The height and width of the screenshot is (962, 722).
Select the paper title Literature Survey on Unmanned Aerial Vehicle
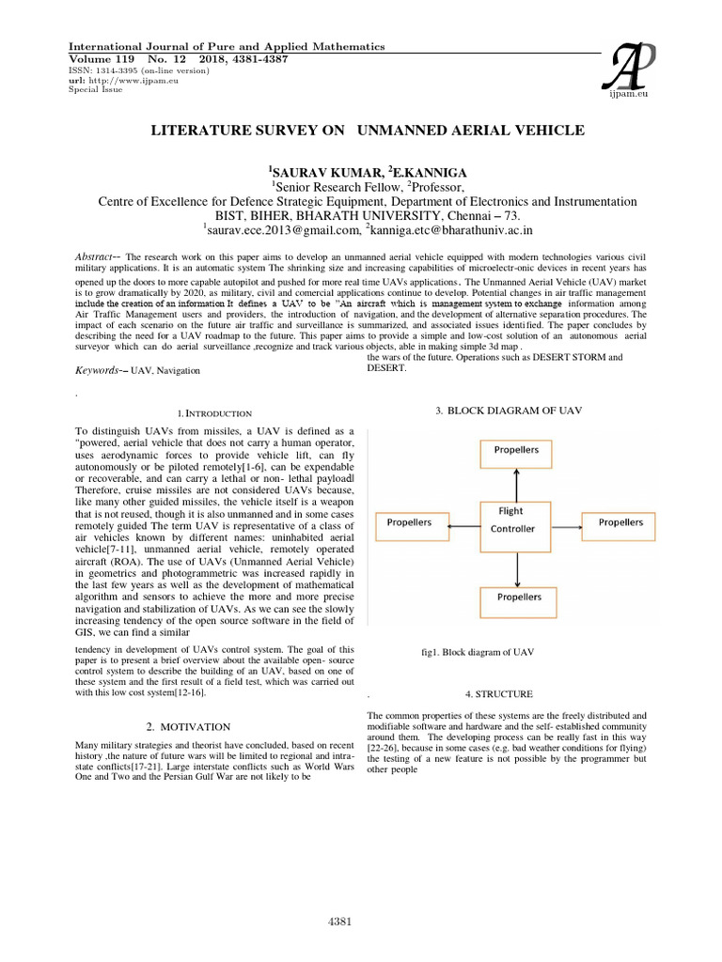click(x=368, y=130)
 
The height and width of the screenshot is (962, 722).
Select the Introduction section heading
click(x=215, y=412)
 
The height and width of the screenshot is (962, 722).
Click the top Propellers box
click(x=516, y=451)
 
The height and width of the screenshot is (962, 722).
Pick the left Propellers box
click(x=410, y=522)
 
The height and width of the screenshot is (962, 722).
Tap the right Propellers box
click(x=620, y=522)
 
